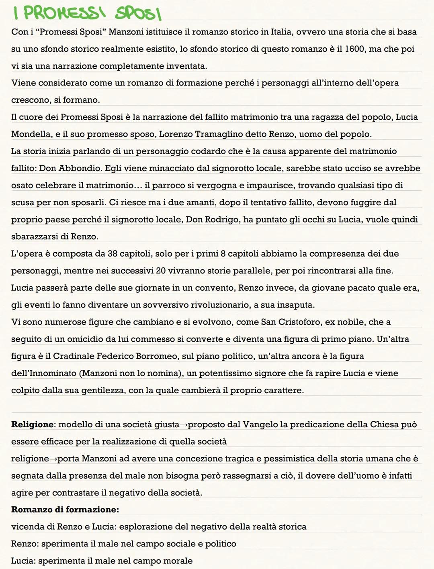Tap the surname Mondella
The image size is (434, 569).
pyautogui.click(x=31, y=134)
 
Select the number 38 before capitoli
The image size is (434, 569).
pyautogui.click(x=113, y=254)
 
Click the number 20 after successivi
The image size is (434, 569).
pyautogui.click(x=161, y=271)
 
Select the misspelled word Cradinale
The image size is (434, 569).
pyautogui.click(x=74, y=356)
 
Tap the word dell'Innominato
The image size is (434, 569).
pyautogui.click(x=44, y=373)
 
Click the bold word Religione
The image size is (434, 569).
pyautogui.click(x=32, y=424)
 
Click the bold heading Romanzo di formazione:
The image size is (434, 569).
pyautogui.click(x=65, y=510)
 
